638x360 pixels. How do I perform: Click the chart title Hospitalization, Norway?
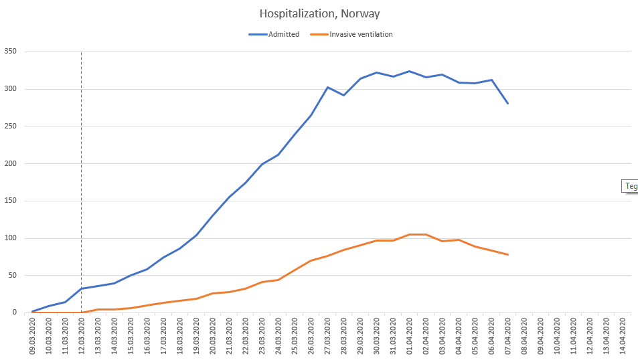[319, 13]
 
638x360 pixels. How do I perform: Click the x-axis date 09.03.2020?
[32, 335]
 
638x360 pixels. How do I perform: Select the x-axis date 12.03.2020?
[82, 335]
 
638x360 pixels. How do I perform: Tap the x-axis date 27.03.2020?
[327, 335]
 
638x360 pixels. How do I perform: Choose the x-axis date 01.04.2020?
[410, 335]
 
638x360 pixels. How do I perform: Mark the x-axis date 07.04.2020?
[508, 335]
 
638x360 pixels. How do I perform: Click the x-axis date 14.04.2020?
[623, 335]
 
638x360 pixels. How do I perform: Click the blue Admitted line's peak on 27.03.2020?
[327, 87]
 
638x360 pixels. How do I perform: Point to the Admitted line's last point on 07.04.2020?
[508, 103]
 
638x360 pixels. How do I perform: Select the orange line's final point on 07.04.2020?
[508, 254]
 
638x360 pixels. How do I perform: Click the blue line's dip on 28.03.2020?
[344, 95]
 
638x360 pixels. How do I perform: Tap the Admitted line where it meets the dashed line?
[82, 288]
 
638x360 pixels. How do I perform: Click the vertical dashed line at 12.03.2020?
[82, 167]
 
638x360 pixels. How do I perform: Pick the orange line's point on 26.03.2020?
[311, 260]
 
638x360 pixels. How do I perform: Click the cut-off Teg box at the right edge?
[631, 186]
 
